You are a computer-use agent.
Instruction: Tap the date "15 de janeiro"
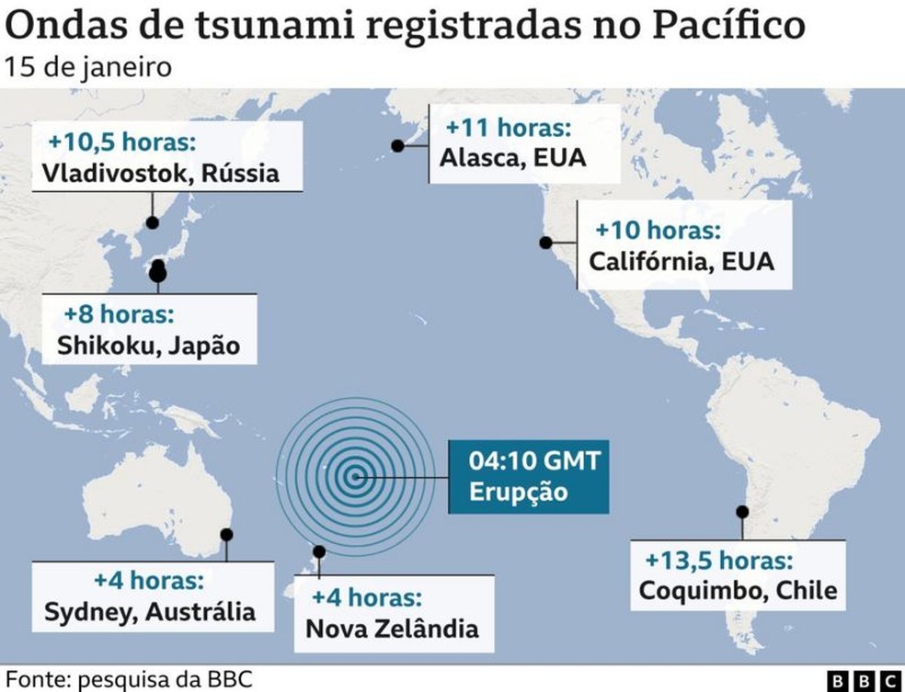point(88,68)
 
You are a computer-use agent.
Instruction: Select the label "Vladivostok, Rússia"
point(160,173)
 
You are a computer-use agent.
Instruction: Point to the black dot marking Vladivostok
point(153,222)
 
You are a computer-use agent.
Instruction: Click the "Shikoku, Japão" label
point(147,346)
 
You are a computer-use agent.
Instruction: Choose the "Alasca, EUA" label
point(512,157)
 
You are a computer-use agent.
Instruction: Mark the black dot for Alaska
point(397,145)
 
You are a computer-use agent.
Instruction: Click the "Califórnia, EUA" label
point(682,261)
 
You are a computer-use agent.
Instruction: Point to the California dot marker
point(545,243)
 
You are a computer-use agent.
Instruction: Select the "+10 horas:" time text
point(658,230)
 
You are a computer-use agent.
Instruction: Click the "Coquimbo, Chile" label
point(738,589)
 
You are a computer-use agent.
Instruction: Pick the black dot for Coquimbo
point(741,511)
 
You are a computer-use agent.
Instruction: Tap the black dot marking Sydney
point(226,534)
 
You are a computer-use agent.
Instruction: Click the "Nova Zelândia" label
point(392,629)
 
